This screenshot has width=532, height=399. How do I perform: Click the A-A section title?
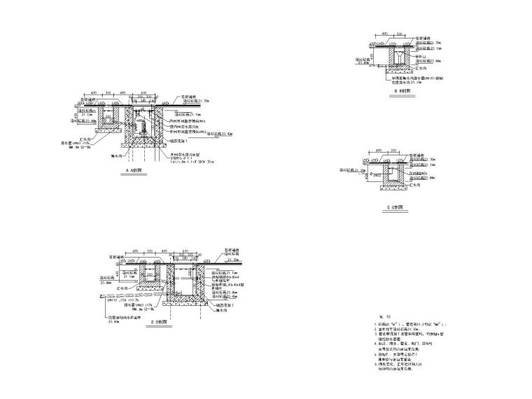[x=134, y=170]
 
